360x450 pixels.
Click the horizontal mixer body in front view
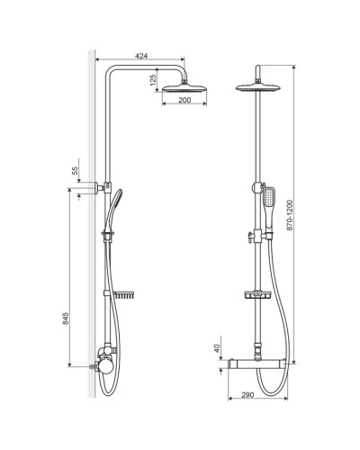(x=259, y=366)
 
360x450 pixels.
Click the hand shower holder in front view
(x=257, y=238)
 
